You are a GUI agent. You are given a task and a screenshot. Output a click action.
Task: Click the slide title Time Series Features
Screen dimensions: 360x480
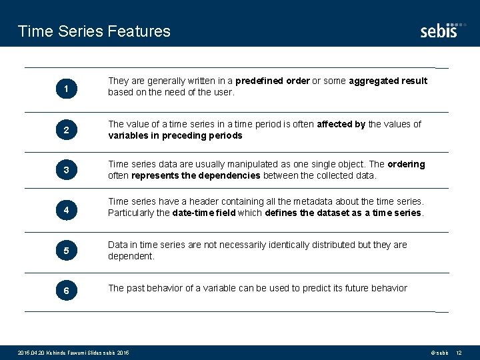click(x=94, y=31)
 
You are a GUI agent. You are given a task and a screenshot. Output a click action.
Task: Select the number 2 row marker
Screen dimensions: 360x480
click(x=66, y=131)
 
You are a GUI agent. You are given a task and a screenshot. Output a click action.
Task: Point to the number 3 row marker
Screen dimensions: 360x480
click(x=66, y=171)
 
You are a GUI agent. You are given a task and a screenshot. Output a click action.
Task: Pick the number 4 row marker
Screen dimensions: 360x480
click(x=66, y=211)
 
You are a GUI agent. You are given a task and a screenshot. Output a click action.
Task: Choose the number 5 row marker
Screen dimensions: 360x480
click(x=66, y=251)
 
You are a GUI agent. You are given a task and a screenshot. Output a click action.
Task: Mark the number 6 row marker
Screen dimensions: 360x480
click(x=66, y=291)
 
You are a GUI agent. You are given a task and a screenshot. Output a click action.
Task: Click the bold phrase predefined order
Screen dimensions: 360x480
click(x=272, y=81)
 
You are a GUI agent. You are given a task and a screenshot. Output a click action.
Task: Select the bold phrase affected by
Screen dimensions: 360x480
click(x=341, y=124)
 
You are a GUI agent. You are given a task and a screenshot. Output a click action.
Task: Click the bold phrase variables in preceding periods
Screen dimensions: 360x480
click(x=175, y=135)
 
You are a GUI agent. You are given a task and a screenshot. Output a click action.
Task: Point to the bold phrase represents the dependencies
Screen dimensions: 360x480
click(x=196, y=176)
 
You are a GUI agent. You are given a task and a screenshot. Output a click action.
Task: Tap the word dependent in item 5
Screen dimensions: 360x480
click(x=131, y=256)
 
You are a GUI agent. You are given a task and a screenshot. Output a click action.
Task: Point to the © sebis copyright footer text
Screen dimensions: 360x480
click(x=437, y=352)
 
